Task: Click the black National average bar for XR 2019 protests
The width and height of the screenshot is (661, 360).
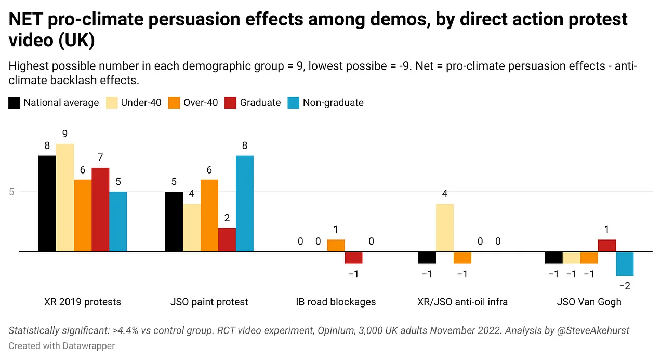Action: [x=47, y=204]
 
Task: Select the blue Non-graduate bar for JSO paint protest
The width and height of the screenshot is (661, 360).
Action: [x=245, y=204]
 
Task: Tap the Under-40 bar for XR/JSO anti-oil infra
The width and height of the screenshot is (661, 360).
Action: [x=445, y=228]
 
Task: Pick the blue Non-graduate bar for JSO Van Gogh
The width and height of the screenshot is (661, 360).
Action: [x=625, y=264]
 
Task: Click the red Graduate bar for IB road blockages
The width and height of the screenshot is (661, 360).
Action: [x=353, y=258]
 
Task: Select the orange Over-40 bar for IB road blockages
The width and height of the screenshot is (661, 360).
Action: [x=336, y=246]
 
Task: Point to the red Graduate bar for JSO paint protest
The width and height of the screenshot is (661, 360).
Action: [x=227, y=239]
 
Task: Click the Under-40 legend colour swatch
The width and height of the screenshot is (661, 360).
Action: [x=112, y=103]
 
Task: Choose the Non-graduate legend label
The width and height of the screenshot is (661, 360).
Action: [x=333, y=103]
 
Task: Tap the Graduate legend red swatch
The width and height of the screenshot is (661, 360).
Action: [x=230, y=103]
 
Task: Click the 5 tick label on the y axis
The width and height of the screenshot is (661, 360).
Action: [x=11, y=192]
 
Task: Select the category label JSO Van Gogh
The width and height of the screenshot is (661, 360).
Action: [x=589, y=302]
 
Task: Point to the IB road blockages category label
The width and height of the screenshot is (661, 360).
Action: [x=336, y=302]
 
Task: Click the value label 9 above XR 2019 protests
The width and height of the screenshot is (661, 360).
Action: [x=65, y=134]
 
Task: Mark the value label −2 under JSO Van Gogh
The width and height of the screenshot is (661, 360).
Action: [x=625, y=286]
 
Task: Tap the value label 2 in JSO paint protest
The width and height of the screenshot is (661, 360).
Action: [x=227, y=218]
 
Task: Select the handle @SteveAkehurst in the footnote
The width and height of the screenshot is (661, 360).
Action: [x=593, y=330]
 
